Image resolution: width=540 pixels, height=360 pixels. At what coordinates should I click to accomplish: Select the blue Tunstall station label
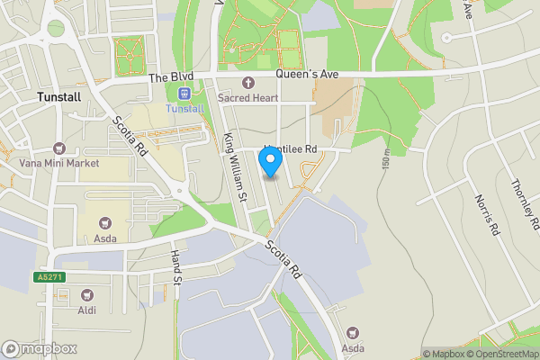(184, 109)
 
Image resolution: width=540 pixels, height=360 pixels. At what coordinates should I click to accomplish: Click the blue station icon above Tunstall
(184, 94)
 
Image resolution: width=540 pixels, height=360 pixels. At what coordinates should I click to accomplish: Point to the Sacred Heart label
(247, 97)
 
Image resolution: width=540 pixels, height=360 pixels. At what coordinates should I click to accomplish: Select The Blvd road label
(171, 78)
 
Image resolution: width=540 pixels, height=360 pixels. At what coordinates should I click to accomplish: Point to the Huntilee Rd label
(290, 149)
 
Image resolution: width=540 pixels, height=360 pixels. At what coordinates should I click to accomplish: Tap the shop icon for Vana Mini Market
(59, 148)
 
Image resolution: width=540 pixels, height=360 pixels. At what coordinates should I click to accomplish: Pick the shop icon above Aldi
(87, 294)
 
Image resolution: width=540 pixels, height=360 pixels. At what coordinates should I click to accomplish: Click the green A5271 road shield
(50, 276)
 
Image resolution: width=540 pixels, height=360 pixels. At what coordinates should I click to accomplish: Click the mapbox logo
(40, 348)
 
